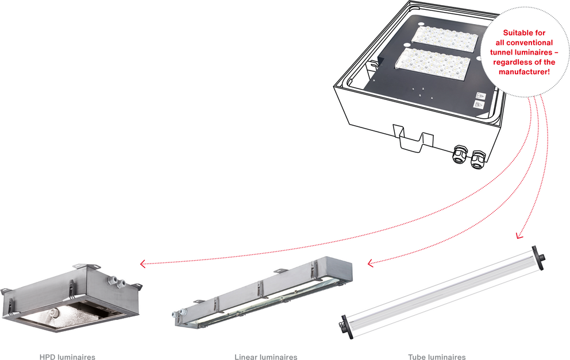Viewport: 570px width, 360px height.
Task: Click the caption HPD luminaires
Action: pos(67,357)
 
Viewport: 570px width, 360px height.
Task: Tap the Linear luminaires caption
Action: pos(265,357)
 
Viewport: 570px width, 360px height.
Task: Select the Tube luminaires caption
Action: pos(437,357)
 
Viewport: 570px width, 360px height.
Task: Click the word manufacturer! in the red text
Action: pos(524,72)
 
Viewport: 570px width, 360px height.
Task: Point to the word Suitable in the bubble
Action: pos(515,33)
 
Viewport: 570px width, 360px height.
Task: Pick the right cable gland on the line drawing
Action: pos(478,160)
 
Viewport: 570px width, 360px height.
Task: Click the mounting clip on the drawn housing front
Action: pos(413,138)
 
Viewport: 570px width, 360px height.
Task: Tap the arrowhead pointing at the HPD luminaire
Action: pos(143,264)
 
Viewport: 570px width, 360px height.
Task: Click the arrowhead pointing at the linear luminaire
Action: pos(371,263)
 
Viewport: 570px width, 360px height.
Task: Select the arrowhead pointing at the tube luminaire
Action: pos(519,236)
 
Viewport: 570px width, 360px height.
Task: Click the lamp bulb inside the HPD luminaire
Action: pos(55,312)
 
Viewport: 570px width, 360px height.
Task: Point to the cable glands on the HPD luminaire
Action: pos(115,281)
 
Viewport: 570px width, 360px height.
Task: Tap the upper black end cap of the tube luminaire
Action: pos(538,258)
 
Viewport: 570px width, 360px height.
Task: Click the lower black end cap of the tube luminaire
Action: pos(346,327)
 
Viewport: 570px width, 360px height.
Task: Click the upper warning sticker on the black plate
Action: pos(481,96)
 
